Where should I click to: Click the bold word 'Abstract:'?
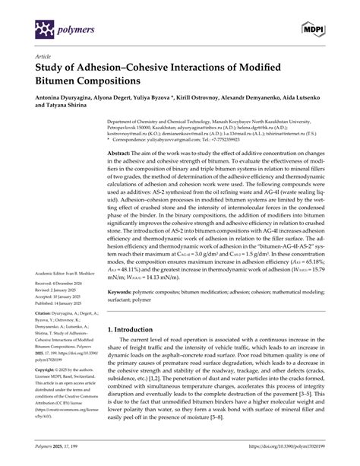122,153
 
